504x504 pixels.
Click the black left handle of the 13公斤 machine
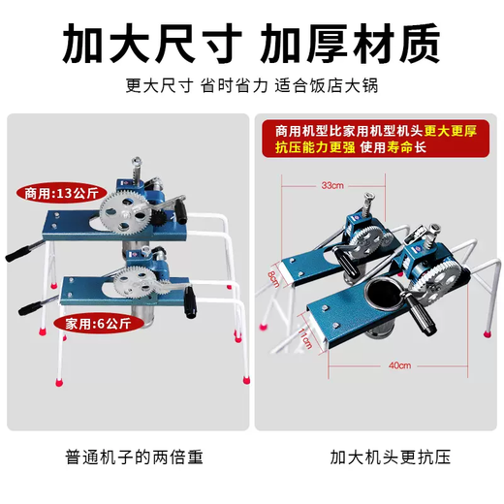21,253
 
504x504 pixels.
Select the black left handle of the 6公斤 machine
30,309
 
